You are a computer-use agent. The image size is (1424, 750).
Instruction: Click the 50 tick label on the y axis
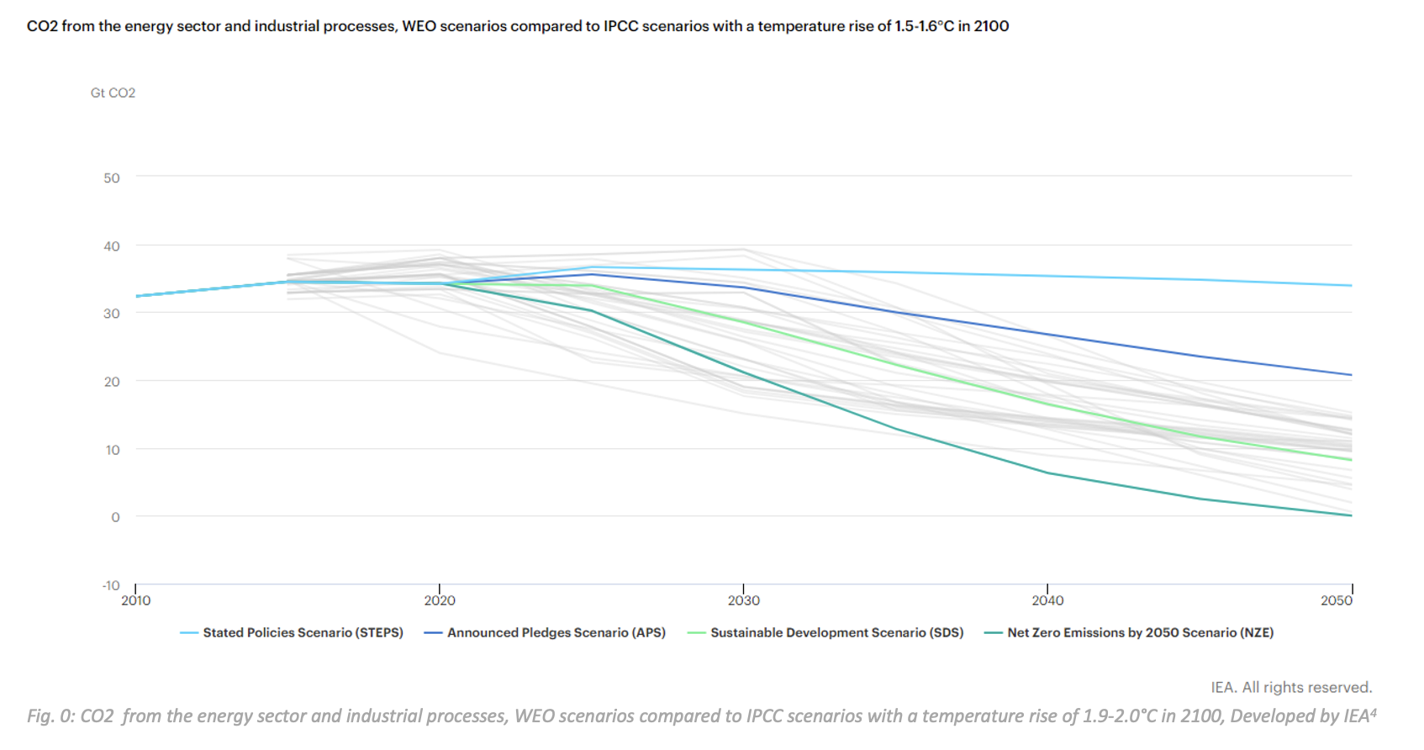tap(112, 178)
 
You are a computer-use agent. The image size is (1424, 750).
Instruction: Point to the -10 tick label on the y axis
tap(111, 585)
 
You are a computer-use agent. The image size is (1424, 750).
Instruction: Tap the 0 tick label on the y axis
tap(115, 517)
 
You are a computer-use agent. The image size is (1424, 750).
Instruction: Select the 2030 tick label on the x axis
tap(743, 600)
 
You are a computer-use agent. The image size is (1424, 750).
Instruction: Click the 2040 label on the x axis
tap(1047, 600)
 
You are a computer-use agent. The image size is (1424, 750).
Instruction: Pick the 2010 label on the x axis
tap(136, 600)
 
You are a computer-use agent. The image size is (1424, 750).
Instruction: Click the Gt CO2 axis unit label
tap(113, 92)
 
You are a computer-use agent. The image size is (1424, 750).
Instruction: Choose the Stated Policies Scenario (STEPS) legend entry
tap(303, 633)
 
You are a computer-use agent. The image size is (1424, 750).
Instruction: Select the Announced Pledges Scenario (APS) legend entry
tap(556, 633)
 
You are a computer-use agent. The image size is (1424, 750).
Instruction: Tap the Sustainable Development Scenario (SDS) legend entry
tap(836, 633)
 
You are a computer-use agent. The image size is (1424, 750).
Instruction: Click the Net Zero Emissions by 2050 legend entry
tap(1140, 633)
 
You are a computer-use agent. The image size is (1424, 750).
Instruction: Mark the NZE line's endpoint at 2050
tap(1351, 515)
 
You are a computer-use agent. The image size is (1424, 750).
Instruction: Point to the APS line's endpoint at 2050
tap(1351, 375)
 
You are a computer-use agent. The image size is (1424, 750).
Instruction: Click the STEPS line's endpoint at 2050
tap(1351, 286)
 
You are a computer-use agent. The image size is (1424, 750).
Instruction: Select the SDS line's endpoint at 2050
tap(1351, 460)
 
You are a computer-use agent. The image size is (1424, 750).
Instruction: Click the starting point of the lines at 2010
tap(137, 296)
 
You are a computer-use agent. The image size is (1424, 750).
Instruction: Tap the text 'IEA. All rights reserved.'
tap(1291, 688)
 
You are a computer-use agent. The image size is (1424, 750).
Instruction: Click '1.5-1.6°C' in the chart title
tap(924, 26)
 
